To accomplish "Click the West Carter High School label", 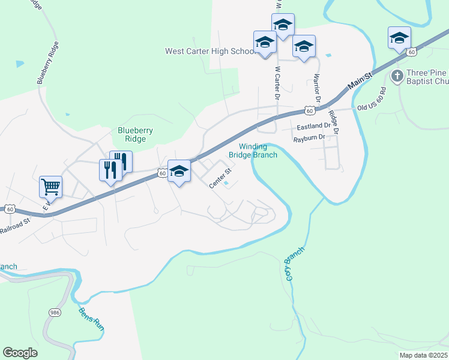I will pos(210,52).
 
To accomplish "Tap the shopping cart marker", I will pos(50,186).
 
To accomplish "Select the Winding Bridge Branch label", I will pos(258,151).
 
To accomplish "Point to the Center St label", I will pos(220,179).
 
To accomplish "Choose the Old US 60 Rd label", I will pos(380,98).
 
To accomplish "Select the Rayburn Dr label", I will pos(309,138).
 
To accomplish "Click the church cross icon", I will pos(397,76).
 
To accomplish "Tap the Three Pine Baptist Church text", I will pos(427,77).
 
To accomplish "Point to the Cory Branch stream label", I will pos(291,267).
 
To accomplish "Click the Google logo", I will pos(20,353).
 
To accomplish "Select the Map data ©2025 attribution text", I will pos(423,355).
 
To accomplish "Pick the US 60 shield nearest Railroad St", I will pos(10,209).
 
